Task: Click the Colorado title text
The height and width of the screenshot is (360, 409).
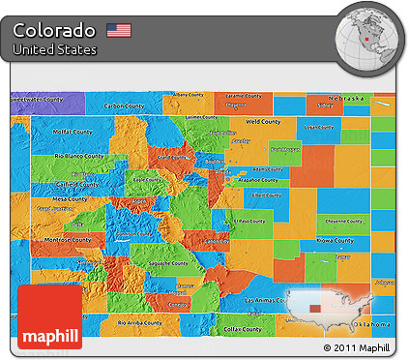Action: pos(54,29)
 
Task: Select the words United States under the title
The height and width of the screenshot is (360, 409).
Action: pos(55,49)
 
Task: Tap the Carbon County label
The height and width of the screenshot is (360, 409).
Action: pos(124,105)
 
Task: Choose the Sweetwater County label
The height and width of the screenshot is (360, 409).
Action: pos(37,99)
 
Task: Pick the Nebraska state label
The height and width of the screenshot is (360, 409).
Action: pos(344,99)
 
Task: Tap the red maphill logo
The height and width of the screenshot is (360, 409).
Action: pos(48,315)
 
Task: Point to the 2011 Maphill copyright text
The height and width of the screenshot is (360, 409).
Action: pos(356,347)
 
